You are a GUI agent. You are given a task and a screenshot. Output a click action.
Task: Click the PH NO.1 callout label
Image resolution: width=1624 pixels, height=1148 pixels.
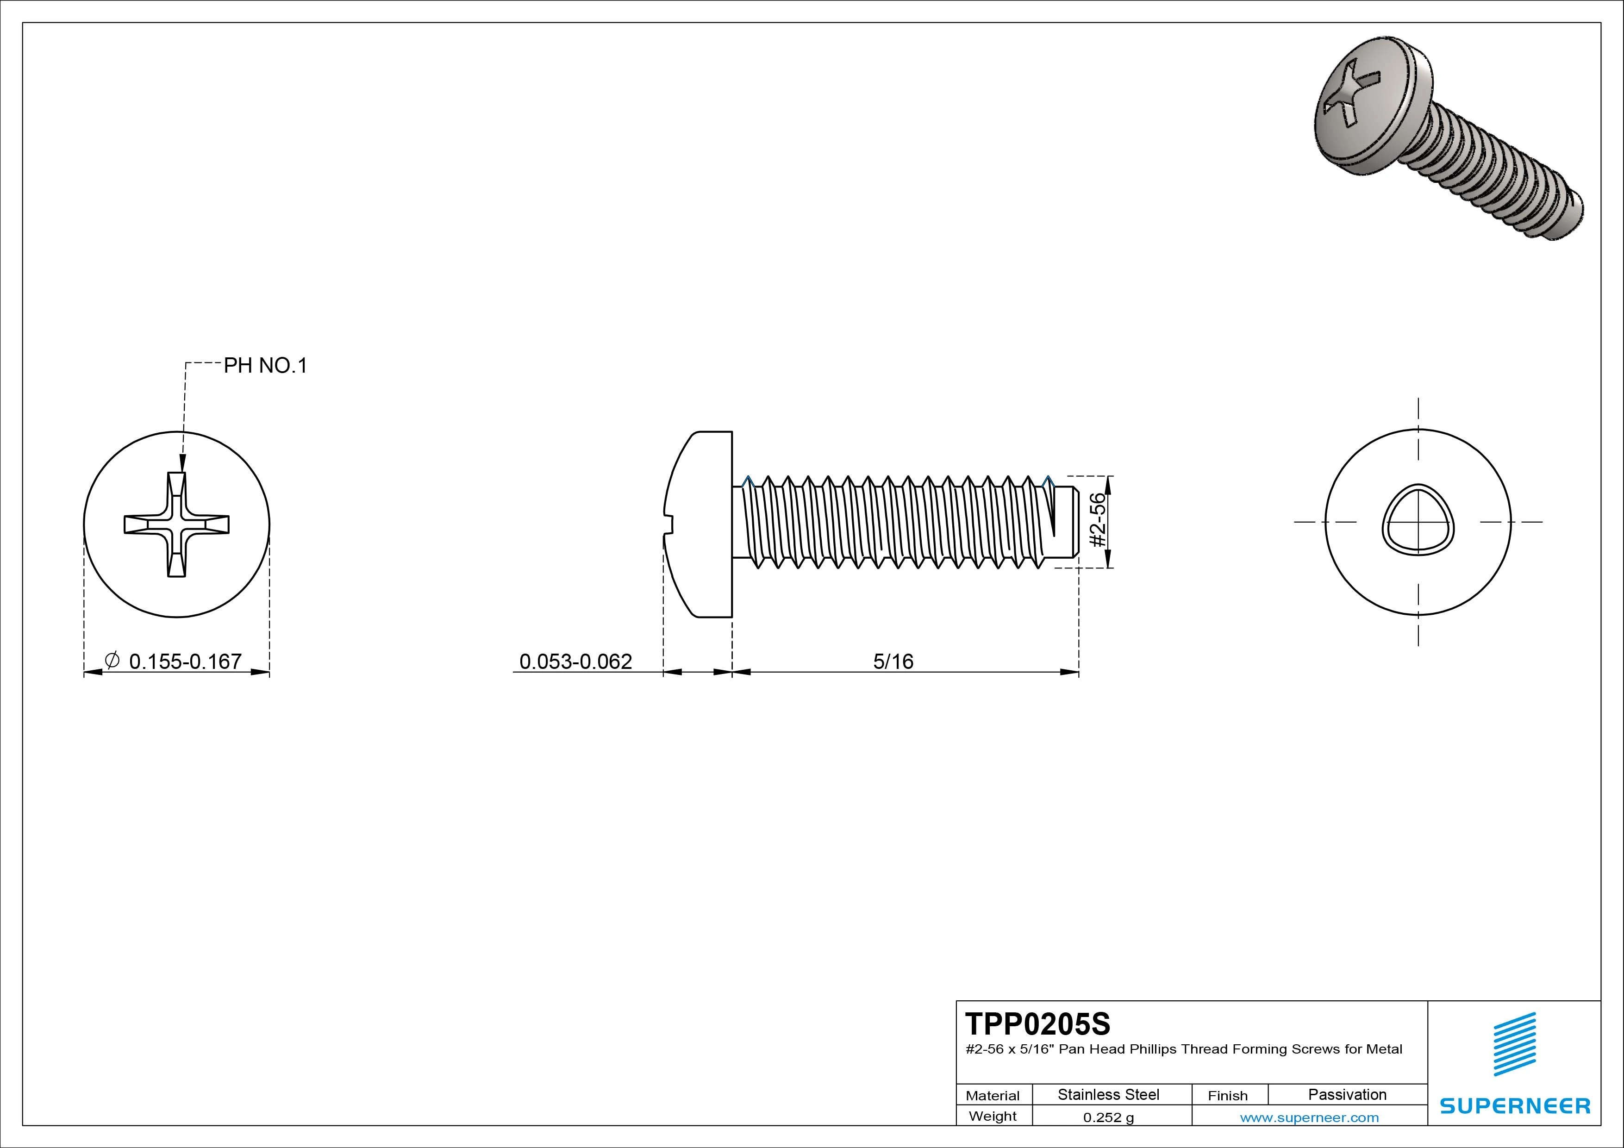click(265, 366)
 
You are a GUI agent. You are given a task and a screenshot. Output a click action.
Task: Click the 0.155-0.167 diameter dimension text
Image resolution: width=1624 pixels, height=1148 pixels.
click(185, 661)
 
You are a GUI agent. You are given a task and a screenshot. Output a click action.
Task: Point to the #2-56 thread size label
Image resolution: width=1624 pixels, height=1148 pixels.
click(1097, 521)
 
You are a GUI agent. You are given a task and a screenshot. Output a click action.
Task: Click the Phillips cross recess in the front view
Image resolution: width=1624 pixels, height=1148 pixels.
click(177, 524)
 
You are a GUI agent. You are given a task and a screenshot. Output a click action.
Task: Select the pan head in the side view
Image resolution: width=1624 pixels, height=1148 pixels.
click(700, 524)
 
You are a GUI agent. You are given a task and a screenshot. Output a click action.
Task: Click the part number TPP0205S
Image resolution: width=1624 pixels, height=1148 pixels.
click(1037, 1023)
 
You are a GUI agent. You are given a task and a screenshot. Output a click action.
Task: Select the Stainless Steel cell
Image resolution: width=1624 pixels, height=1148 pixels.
click(1108, 1094)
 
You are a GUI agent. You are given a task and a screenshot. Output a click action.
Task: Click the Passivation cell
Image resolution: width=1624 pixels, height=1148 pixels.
click(1347, 1094)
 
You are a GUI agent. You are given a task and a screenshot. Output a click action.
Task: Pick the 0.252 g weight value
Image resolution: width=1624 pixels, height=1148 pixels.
click(1108, 1117)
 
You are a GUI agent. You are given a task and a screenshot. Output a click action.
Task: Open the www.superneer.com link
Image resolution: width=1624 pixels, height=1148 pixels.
click(1309, 1117)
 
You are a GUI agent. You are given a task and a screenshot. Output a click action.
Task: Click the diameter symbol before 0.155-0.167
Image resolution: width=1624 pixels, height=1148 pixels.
click(112, 660)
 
